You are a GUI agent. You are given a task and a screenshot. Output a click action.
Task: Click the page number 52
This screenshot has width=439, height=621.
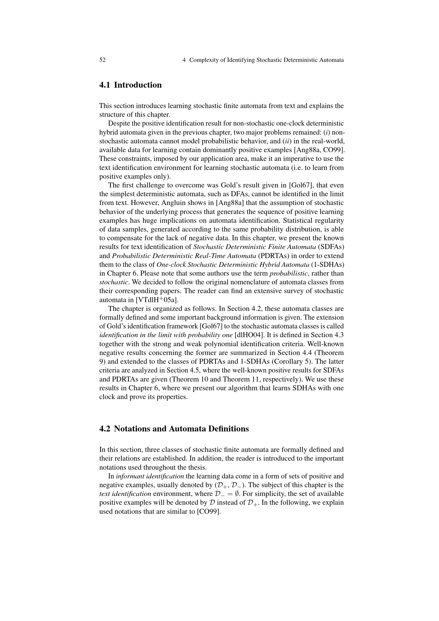[102, 60]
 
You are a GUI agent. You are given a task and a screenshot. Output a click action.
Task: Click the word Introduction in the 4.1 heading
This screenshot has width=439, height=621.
[137, 85]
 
